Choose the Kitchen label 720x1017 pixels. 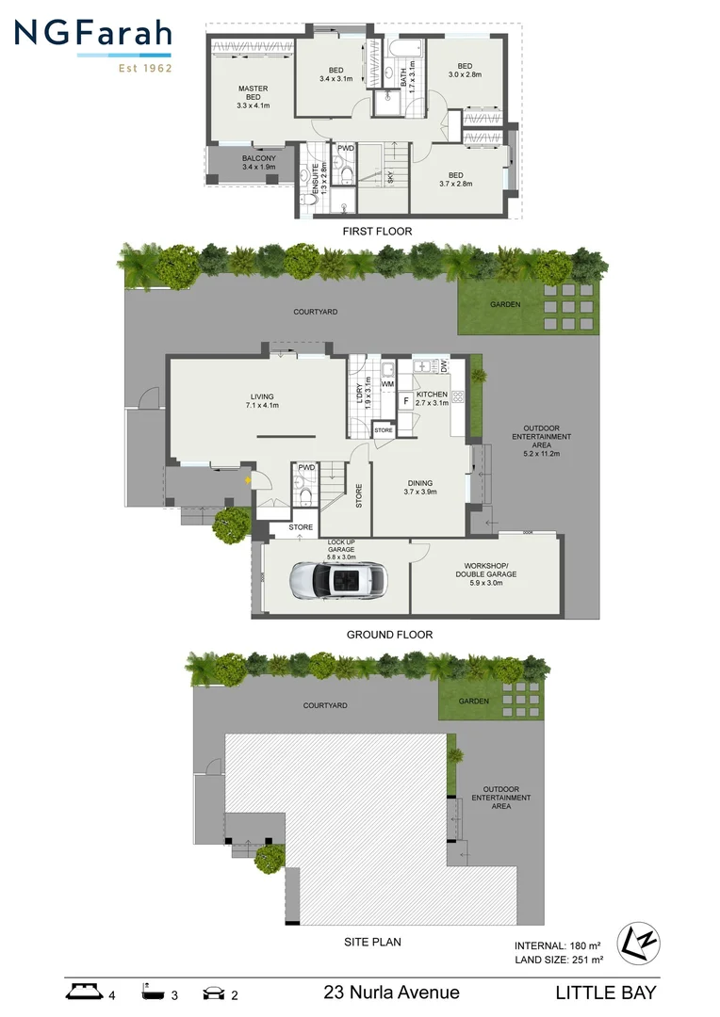432,398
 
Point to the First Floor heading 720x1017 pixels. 378,231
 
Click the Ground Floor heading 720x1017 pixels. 389,635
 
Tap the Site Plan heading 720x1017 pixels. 377,941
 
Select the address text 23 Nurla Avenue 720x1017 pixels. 391,992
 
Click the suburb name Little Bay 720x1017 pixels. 605,992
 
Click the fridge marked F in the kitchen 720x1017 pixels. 406,401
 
